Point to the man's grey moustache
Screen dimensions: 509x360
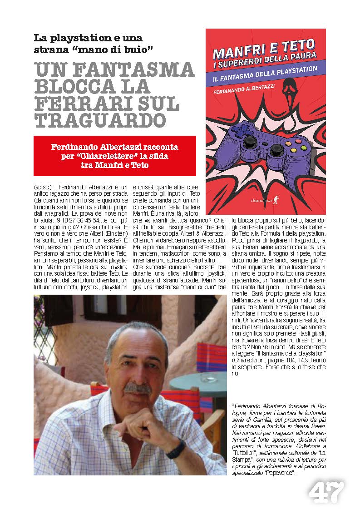click(x=137, y=388)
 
